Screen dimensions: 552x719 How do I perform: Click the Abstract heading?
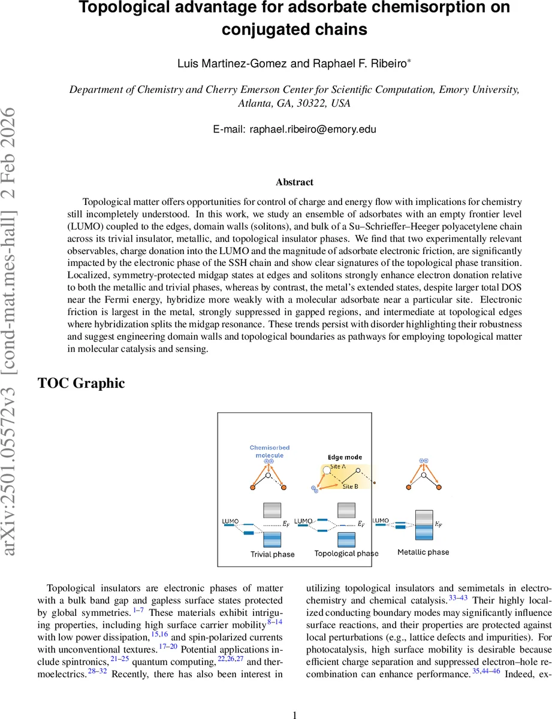click(294, 182)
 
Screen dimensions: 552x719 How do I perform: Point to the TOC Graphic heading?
click(82, 383)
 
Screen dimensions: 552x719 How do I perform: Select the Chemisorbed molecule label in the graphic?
click(267, 451)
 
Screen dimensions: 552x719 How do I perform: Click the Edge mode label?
click(345, 457)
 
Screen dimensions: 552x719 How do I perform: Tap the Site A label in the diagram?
click(338, 467)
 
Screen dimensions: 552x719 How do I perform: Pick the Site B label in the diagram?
click(350, 487)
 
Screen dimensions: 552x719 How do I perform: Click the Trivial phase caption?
click(272, 554)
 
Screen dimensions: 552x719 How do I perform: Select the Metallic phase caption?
click(423, 552)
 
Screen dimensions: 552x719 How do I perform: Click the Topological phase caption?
click(346, 553)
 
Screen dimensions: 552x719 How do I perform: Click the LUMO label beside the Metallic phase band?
click(381, 521)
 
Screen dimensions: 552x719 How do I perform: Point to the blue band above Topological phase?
click(346, 539)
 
